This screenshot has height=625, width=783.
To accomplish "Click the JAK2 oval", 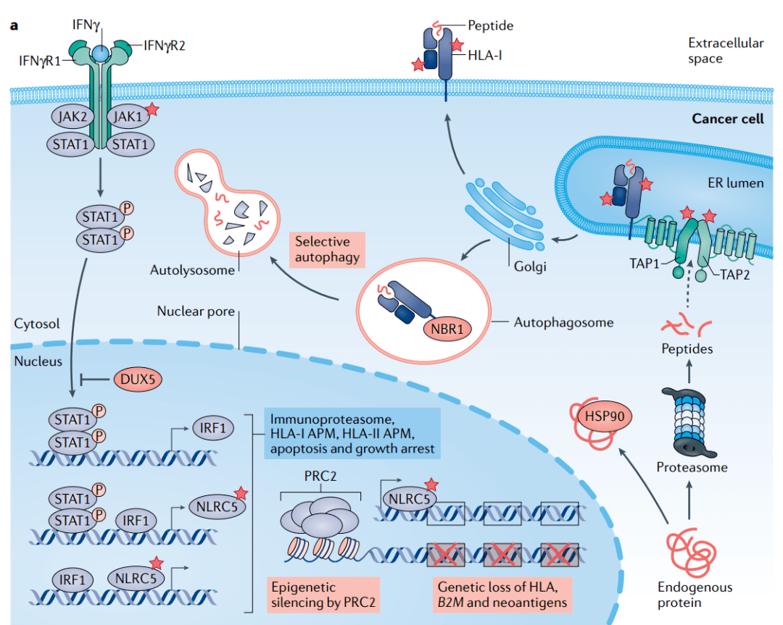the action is (73, 117).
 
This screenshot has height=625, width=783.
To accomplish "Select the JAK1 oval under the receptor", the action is (128, 117).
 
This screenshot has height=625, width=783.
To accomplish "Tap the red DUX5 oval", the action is (138, 379).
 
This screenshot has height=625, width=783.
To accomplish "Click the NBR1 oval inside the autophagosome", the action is (447, 330).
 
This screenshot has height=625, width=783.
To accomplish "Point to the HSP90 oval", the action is (605, 416).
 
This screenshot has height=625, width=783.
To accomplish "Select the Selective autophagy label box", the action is (327, 249).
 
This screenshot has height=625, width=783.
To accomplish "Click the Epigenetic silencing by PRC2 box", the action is (323, 595).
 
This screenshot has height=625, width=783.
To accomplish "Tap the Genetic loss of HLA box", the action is (502, 595).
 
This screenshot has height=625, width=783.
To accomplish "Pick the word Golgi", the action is (530, 267).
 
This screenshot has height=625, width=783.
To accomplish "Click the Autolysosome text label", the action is (192, 270).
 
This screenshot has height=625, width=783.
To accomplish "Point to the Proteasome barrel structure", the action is (689, 422).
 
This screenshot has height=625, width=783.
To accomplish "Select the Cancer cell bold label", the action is (728, 119).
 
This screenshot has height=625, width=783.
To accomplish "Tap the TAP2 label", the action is (734, 274).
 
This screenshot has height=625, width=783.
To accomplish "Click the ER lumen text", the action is (736, 183).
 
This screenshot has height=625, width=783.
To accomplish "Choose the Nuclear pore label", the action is (196, 311).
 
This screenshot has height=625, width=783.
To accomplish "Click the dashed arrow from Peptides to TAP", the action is (689, 285).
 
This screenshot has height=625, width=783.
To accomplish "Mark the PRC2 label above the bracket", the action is (320, 477).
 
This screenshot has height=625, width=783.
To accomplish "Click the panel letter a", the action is (14, 25).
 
